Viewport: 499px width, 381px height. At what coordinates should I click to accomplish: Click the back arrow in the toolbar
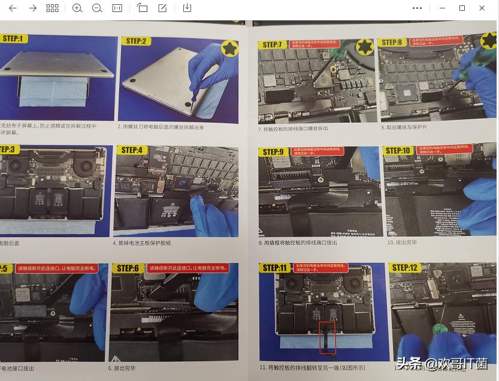[13, 8]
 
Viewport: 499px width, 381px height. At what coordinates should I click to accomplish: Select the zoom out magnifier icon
[97, 8]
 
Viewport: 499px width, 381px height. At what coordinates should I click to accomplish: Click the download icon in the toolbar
[187, 8]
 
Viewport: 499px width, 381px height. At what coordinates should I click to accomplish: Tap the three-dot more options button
[418, 8]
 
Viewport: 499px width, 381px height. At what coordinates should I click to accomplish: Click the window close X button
[482, 8]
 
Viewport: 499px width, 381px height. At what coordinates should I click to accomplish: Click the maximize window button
[462, 8]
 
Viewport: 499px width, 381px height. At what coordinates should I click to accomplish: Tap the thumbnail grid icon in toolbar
[53, 8]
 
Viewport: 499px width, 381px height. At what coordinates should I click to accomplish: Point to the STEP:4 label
[132, 150]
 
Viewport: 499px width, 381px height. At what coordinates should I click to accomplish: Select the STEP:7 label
[273, 44]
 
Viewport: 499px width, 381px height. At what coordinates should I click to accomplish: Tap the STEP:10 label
[398, 151]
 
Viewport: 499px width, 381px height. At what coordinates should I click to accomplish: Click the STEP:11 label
[275, 268]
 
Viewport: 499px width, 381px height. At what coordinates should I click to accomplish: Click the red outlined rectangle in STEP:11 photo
[327, 337]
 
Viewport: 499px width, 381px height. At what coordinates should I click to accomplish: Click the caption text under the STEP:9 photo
[298, 243]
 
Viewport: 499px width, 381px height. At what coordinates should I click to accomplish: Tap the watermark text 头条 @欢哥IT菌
[441, 364]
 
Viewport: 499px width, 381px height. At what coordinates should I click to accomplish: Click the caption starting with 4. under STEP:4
[142, 243]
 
